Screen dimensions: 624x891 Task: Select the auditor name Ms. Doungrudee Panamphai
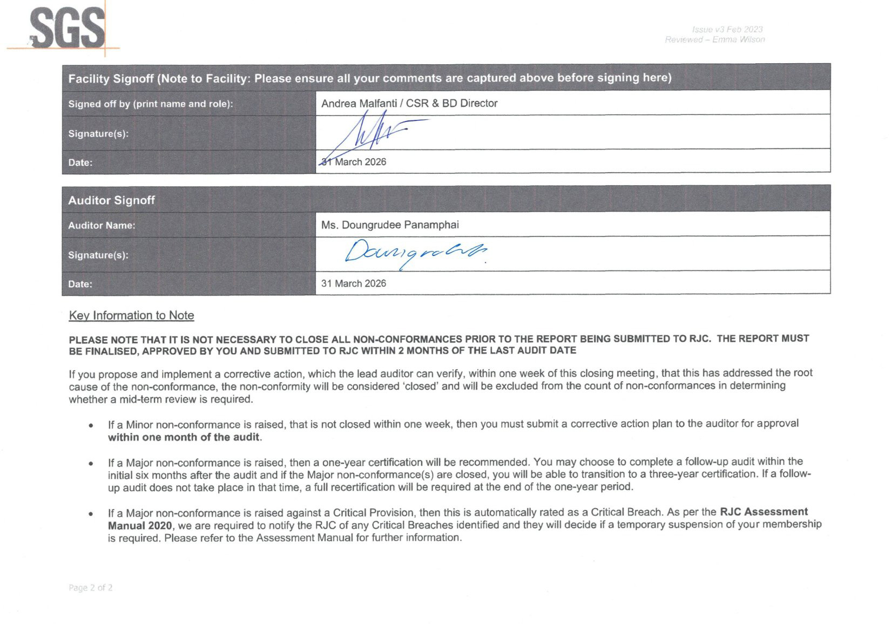[x=390, y=225]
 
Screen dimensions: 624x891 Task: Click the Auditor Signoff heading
[x=111, y=200]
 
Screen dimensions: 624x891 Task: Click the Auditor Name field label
[x=102, y=226]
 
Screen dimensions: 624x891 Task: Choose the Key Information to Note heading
[x=131, y=315]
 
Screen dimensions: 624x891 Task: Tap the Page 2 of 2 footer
[x=91, y=587]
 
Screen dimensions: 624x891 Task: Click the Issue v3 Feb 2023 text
[x=727, y=29]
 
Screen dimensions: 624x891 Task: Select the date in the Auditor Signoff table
[x=354, y=283]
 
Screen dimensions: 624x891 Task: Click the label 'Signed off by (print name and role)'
[x=151, y=104]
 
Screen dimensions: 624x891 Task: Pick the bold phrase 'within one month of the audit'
[x=184, y=437]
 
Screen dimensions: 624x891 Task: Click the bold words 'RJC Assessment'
[x=764, y=512]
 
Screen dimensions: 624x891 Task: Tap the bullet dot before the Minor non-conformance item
[x=91, y=425]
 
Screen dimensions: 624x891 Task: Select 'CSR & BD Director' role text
[x=451, y=103]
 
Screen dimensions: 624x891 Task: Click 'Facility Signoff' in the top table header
[x=111, y=78]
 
